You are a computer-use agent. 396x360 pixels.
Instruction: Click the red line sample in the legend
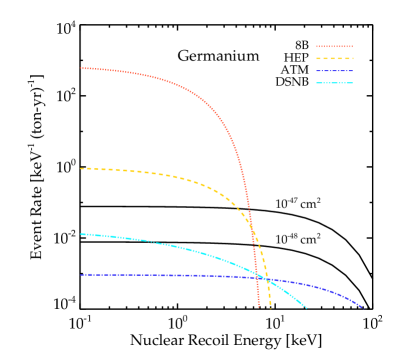tap(334, 46)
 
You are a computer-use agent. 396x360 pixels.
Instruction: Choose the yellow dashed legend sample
tap(334, 58)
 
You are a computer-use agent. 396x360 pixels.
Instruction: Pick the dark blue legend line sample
tap(334, 71)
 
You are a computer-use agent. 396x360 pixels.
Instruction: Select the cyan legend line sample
tap(334, 83)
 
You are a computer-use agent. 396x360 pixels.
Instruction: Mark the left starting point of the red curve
tap(81, 68)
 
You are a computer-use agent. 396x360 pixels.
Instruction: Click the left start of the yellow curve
tap(81, 168)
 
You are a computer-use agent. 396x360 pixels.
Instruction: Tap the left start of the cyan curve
tap(81, 234)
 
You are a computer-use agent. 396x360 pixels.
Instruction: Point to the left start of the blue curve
tap(81, 274)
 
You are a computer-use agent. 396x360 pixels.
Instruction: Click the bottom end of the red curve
tap(258, 307)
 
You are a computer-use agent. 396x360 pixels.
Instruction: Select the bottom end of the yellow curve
tap(270, 307)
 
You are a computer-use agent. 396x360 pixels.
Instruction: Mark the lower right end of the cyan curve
tap(306, 307)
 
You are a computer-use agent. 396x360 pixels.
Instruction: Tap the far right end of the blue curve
tap(362, 307)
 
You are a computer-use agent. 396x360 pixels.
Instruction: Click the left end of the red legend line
tap(316, 46)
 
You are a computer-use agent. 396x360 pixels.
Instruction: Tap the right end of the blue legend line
tap(353, 71)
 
